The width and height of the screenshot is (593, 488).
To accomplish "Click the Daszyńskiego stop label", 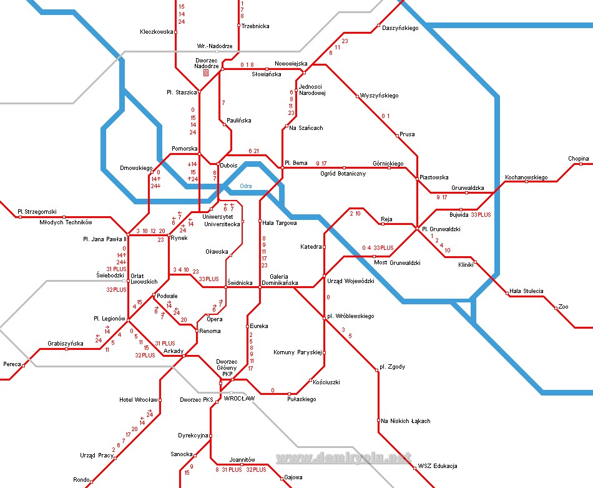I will [400, 27].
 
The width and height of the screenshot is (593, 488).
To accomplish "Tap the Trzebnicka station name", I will [255, 26].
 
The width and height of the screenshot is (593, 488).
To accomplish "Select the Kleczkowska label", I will [155, 31].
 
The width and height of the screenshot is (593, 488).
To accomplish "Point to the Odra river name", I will [246, 186].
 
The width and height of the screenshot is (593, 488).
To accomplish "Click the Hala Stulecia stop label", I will [526, 291].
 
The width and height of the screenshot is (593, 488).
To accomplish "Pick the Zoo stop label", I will [563, 307].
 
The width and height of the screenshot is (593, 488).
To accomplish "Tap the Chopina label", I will [578, 159].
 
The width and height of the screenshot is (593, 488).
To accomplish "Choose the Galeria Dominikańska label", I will [278, 280].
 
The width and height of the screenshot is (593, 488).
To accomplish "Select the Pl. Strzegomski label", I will [37, 211].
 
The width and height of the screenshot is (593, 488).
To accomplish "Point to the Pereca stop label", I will [12, 364].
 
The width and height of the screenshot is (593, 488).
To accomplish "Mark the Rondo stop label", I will [81, 480].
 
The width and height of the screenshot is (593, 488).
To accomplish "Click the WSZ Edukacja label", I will [438, 466].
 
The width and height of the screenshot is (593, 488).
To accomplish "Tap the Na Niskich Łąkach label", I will [406, 421].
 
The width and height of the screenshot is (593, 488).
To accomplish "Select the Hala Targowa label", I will [279, 222].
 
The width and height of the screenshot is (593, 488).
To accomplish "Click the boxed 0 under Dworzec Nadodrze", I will [205, 73].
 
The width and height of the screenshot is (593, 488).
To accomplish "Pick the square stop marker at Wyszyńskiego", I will [358, 96].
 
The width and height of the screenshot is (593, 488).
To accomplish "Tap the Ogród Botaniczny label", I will [343, 174].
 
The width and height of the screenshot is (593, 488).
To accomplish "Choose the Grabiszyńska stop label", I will [65, 343].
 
